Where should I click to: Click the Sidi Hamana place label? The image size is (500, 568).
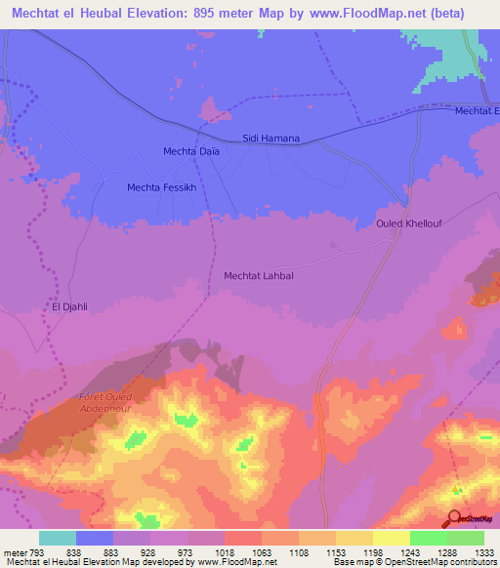pos(271,140)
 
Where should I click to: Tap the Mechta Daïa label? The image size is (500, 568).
pos(190,151)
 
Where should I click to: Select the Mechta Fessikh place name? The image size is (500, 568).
pos(162,186)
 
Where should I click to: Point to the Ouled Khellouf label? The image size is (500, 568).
pos(409,223)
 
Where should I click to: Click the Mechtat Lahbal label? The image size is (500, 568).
pos(259,276)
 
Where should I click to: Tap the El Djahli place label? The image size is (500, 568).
pos(70,306)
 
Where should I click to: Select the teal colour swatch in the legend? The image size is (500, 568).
pos(58,538)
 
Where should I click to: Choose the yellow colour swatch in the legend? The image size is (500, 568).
pos(391,538)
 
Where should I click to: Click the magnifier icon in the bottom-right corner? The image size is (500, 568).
pos(453,517)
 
